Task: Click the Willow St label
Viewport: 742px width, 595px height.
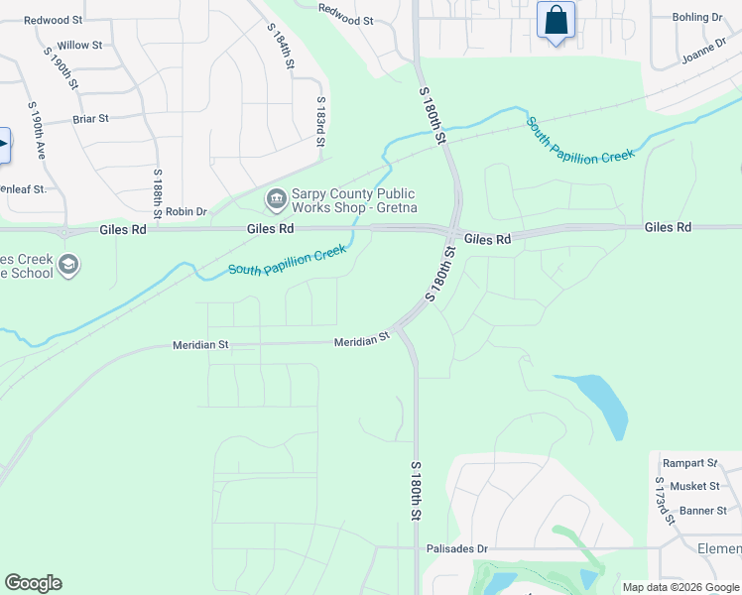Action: coord(79,46)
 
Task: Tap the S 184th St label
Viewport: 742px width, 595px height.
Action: coord(282,47)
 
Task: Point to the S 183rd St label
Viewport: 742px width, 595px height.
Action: coord(320,122)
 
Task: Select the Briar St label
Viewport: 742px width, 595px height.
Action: coord(90,119)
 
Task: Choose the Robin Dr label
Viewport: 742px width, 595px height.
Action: coord(185,211)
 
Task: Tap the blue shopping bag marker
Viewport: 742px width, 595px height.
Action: coord(556,20)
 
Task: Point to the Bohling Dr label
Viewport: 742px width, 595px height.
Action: coord(697,18)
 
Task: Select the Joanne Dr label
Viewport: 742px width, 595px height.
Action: coord(705,53)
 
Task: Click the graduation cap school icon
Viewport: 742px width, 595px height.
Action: coord(68,265)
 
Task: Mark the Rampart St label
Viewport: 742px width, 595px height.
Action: coord(690,463)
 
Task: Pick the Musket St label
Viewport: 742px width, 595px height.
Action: coord(693,486)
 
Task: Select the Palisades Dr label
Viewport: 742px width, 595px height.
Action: coord(456,548)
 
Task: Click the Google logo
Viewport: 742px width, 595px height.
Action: coord(33,583)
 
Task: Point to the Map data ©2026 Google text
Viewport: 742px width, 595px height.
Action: coord(680,587)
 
